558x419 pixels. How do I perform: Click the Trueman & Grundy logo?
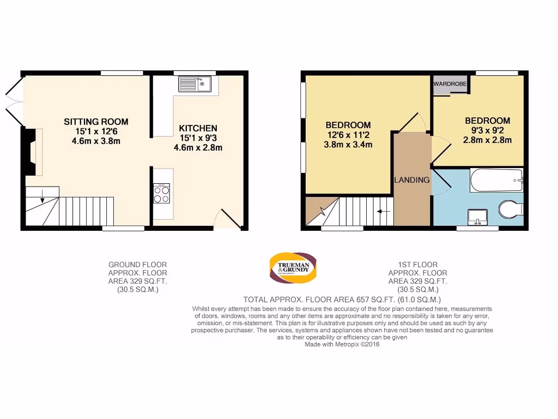[x=293, y=268]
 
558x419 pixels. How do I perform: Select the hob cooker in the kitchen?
[x=162, y=193]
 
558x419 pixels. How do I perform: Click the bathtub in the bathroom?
[x=496, y=180]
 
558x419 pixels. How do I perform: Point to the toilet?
[x=511, y=209]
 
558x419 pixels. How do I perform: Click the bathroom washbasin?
[x=478, y=216]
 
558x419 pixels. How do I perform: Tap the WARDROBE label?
[x=450, y=85]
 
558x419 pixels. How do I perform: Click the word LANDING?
[x=411, y=179]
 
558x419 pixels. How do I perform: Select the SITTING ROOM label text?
[x=96, y=122]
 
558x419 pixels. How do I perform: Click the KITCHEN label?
[x=198, y=128]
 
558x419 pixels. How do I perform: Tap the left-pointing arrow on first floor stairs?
[x=384, y=211]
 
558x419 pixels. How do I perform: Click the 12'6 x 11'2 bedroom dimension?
[x=348, y=135]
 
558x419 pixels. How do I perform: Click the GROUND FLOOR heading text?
[x=138, y=265]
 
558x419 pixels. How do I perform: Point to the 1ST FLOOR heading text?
[x=417, y=265]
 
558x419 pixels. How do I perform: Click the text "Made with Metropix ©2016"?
[x=342, y=344]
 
